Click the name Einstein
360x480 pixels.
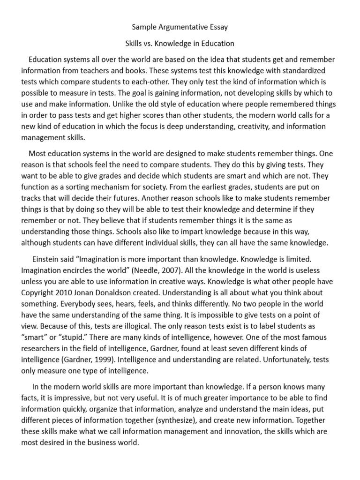pyautogui.click(x=47, y=259)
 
